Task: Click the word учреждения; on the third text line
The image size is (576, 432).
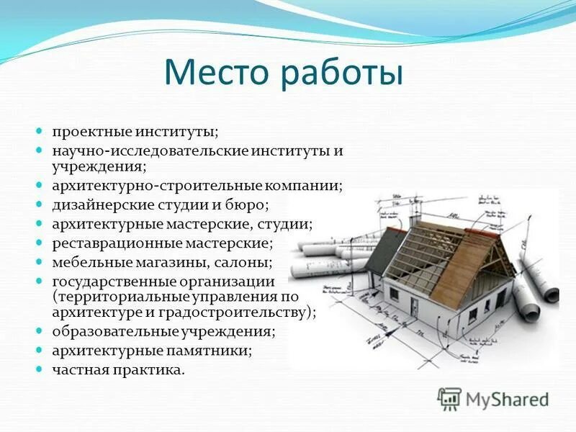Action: (99, 167)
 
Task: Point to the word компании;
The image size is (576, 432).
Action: (307, 186)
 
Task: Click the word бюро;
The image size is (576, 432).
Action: (248, 205)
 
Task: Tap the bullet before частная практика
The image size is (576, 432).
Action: (40, 370)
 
